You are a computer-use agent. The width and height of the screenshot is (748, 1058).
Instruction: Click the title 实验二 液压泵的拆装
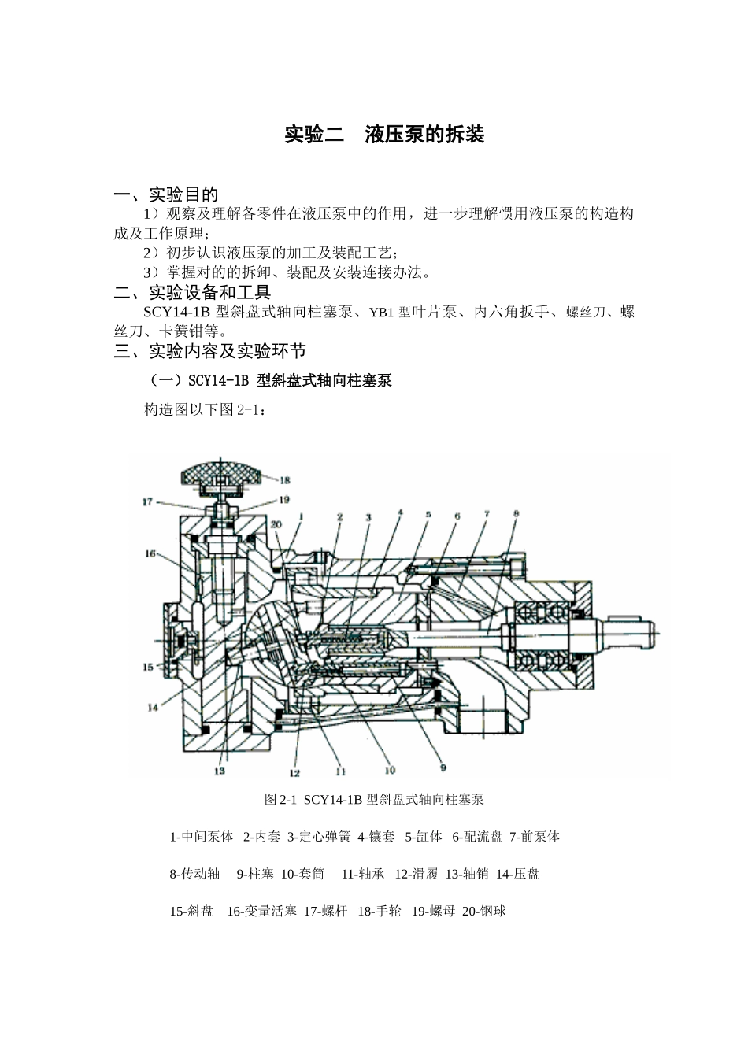pos(383,135)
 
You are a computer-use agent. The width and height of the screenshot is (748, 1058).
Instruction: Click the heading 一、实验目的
pos(166,194)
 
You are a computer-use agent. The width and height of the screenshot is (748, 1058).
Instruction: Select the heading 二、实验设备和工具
pos(192,293)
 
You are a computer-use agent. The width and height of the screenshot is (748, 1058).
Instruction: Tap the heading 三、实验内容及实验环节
pos(209,351)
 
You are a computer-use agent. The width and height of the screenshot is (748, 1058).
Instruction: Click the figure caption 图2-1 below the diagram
pos(373,800)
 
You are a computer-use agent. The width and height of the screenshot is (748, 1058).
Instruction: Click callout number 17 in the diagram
pos(147,501)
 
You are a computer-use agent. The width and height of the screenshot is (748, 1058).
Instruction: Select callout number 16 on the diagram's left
pos(150,553)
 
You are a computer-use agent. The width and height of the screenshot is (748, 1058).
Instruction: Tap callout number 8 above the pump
pos(516,514)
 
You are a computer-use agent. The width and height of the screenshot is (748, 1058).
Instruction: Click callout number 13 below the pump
pos(220,771)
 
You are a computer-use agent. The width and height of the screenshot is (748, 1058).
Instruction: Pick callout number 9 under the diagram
pos(443,767)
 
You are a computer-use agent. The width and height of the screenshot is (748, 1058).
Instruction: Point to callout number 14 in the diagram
pos(153,707)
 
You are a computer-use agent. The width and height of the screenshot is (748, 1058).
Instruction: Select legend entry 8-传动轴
pos(194,874)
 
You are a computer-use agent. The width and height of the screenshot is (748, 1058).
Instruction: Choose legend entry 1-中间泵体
pos(202,837)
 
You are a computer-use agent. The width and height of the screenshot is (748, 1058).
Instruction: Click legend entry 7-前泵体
pos(535,837)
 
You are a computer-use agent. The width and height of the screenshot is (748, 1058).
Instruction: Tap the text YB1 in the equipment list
pos(380,313)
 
